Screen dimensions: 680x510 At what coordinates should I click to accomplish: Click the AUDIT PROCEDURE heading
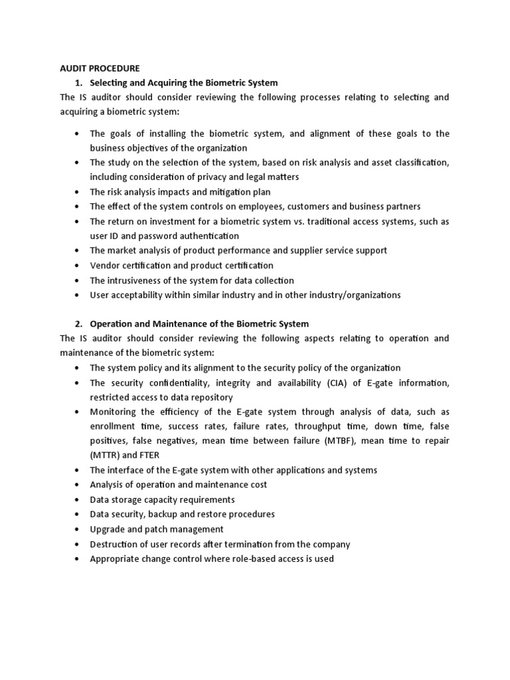100,68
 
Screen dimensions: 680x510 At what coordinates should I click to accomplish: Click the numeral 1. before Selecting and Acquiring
79,82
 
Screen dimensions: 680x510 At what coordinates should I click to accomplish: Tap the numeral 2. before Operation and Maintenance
79,323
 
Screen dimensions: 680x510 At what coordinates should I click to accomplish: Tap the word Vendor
105,266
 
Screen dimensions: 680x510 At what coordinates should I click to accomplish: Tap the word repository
211,397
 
